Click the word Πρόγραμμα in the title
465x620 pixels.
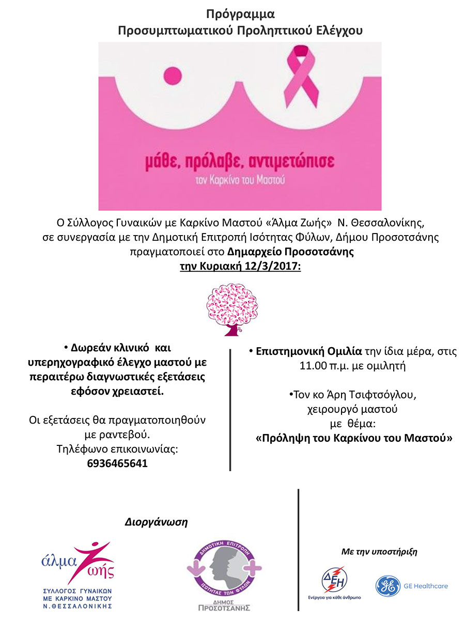pyautogui.click(x=240, y=13)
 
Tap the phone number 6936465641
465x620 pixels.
pyautogui.click(x=117, y=463)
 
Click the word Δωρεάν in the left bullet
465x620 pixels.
pyautogui.click(x=90, y=348)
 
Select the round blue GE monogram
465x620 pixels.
pyautogui.click(x=388, y=586)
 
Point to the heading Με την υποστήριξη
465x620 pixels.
pyautogui.click(x=379, y=552)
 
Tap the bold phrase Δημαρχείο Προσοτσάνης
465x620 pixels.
pyautogui.click(x=290, y=253)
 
